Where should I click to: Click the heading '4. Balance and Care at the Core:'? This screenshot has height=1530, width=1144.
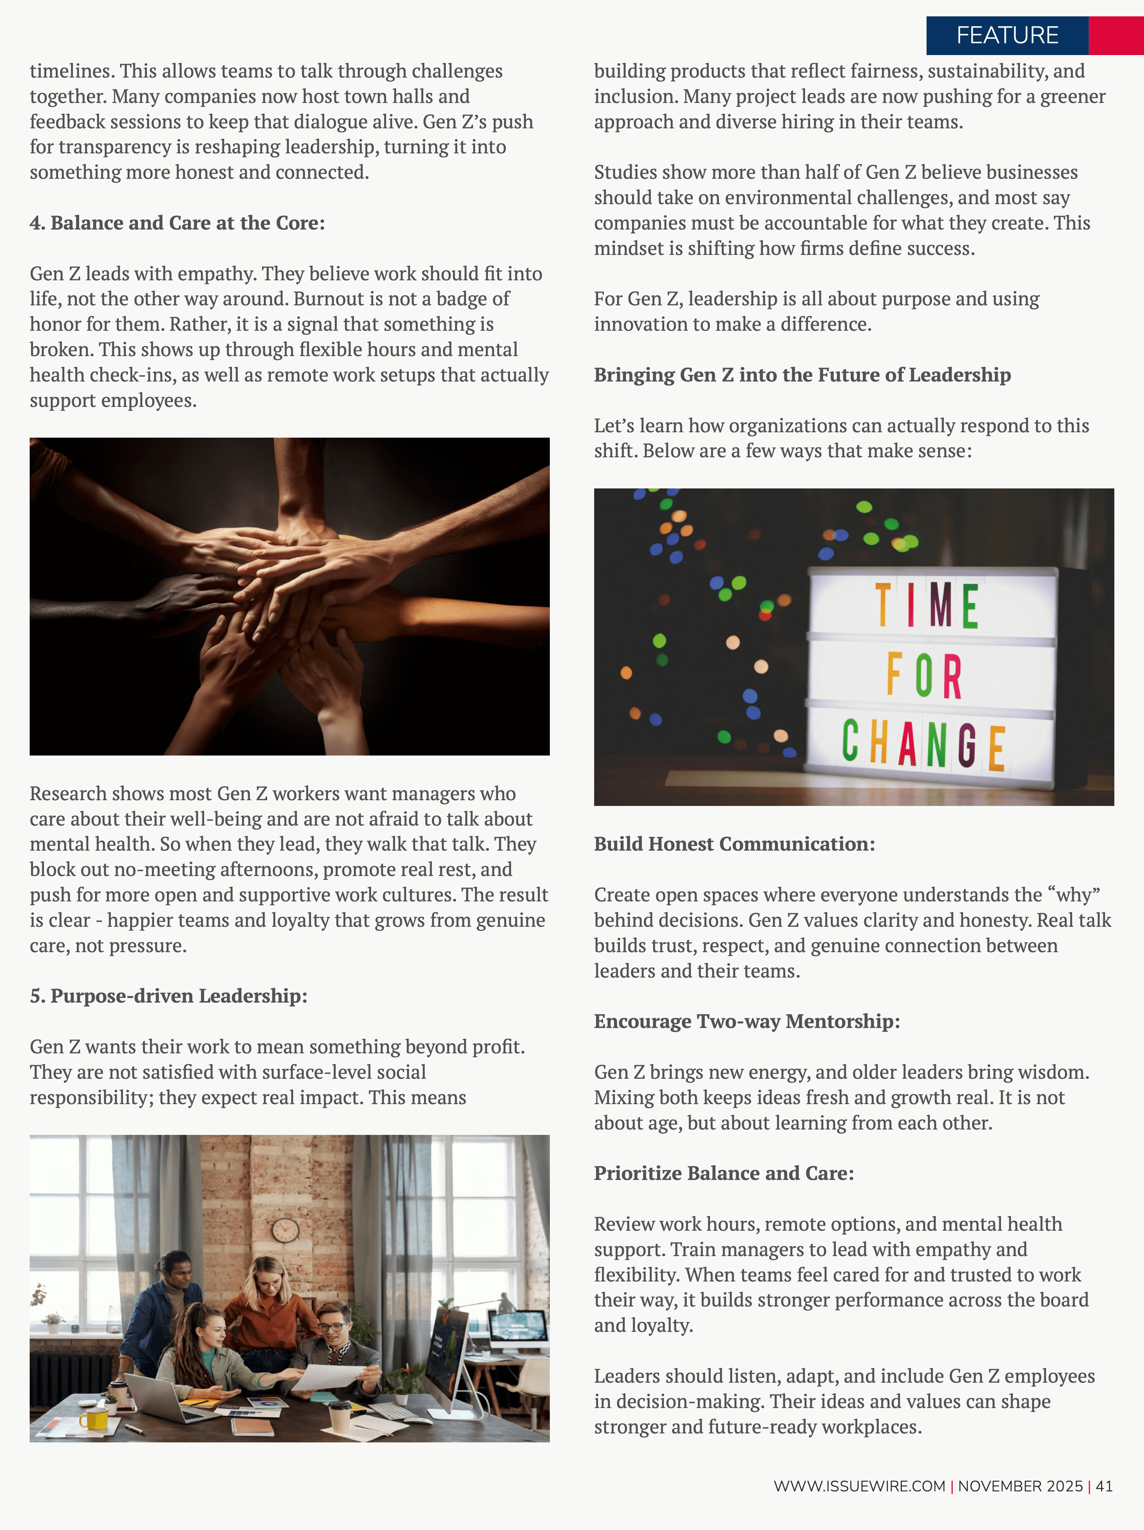(x=177, y=223)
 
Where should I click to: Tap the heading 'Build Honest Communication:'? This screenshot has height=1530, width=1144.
(x=734, y=844)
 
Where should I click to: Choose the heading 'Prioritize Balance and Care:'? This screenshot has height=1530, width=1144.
(x=724, y=1173)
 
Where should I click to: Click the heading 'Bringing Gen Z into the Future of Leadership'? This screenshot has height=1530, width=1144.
(x=802, y=375)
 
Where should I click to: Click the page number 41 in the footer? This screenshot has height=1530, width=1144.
(x=1104, y=1486)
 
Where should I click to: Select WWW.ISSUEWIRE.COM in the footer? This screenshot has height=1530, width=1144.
(x=859, y=1486)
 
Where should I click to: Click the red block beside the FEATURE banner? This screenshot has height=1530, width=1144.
(x=1116, y=35)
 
